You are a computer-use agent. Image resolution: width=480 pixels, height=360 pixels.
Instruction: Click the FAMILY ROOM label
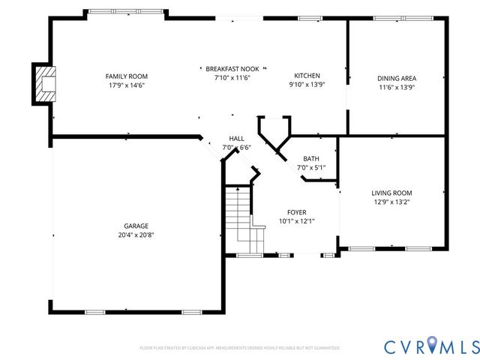tap(126, 76)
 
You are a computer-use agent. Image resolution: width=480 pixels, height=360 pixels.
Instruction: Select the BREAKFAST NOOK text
tap(232, 67)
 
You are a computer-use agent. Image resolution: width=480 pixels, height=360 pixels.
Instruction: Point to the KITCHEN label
tap(307, 76)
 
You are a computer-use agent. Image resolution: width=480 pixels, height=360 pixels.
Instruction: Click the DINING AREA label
tap(397, 78)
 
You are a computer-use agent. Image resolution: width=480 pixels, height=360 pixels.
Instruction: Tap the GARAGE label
tap(136, 226)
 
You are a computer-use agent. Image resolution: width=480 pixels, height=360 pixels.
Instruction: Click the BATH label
tap(310, 158)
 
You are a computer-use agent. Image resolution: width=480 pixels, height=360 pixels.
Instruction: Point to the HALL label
tap(236, 139)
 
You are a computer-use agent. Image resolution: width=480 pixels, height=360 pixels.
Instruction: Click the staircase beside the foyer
tap(239, 214)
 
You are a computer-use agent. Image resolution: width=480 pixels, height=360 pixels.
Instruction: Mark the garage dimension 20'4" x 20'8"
tap(136, 235)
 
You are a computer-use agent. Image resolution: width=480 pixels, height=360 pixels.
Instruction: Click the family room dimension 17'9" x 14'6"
tap(126, 85)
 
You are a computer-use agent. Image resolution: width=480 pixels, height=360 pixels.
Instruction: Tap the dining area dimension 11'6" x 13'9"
tap(397, 87)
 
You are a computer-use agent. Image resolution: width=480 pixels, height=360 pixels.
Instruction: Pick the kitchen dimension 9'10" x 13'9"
tap(307, 85)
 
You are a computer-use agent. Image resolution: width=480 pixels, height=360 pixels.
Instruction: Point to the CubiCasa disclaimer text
tap(239, 348)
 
